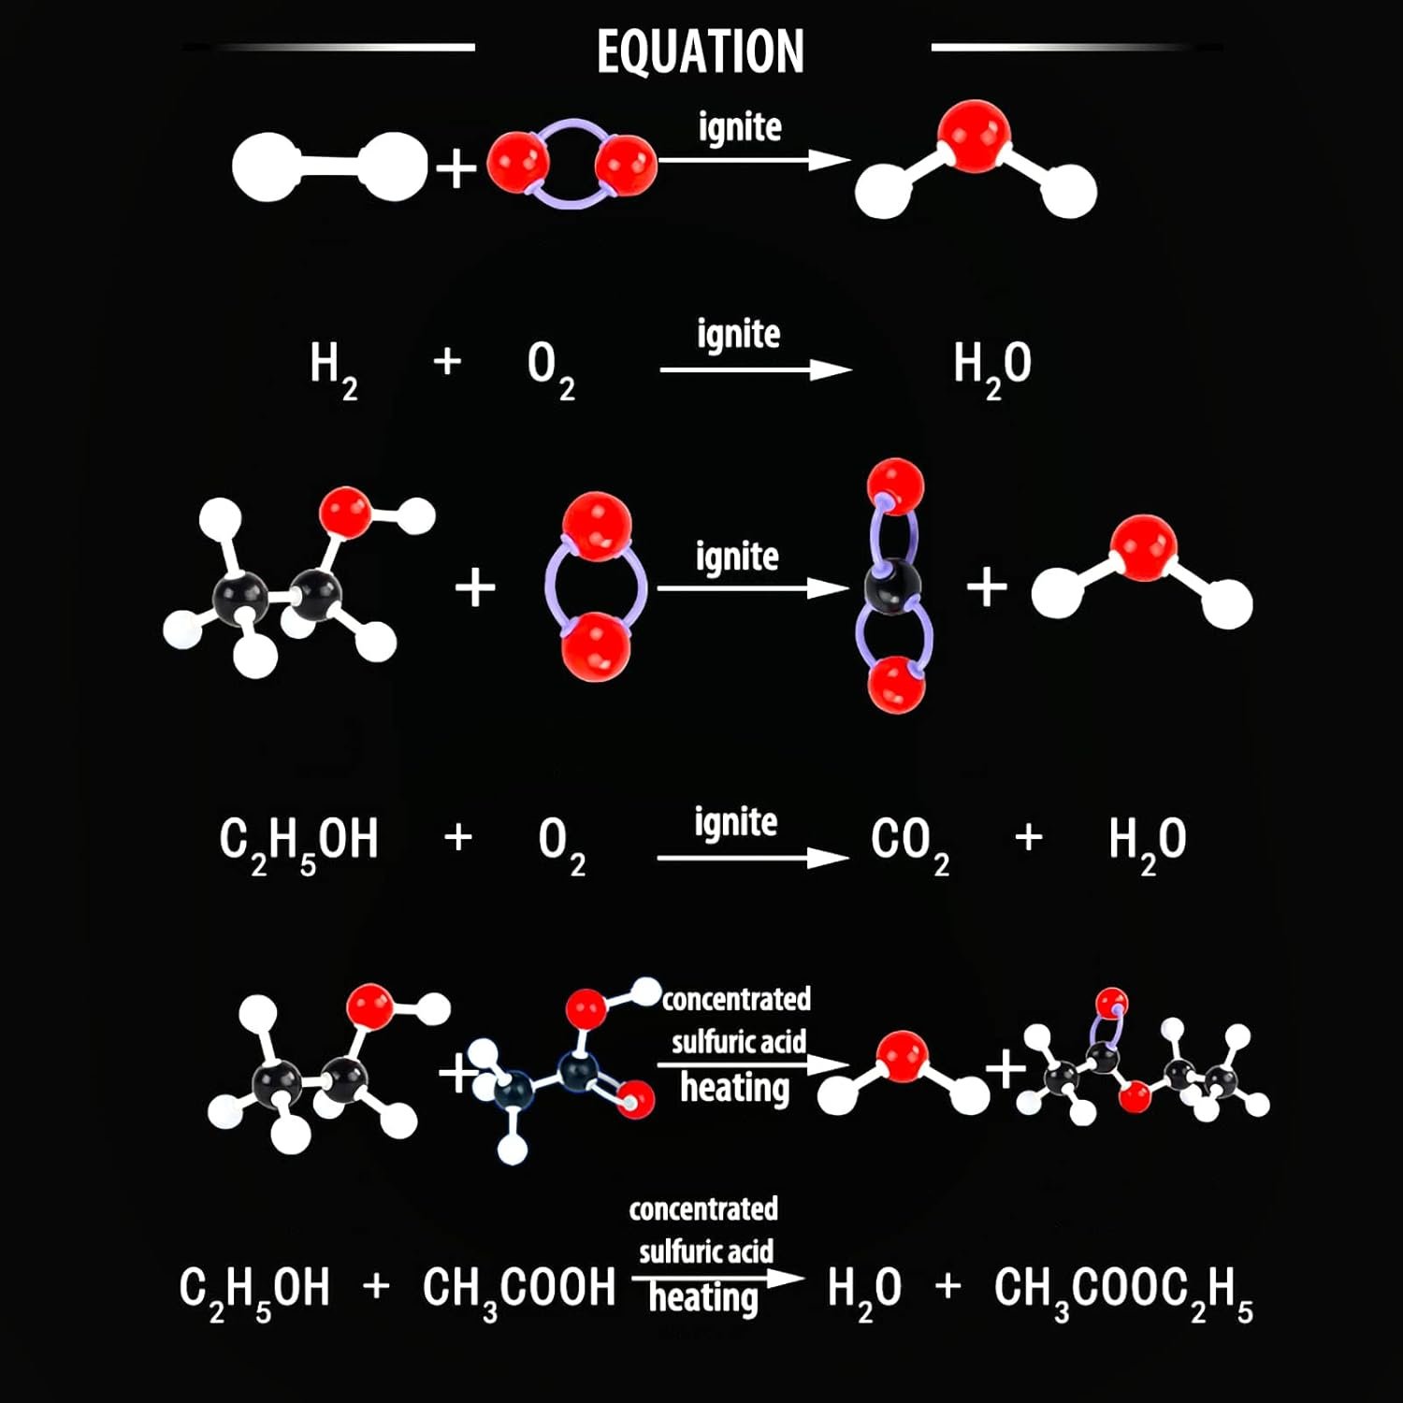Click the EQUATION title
click(x=701, y=51)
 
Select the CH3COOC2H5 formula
click(x=1123, y=1291)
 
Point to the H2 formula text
click(x=334, y=369)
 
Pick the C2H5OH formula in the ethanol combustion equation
click(x=298, y=844)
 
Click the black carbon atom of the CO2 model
click(x=893, y=586)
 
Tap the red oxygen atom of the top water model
click(x=974, y=136)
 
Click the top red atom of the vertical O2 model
click(x=597, y=527)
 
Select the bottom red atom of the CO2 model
click(x=896, y=685)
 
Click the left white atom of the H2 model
click(x=266, y=167)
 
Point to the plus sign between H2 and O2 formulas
click(x=448, y=360)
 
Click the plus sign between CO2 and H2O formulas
click(x=1029, y=836)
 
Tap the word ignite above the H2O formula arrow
click(x=738, y=335)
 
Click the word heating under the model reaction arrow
click(x=735, y=1088)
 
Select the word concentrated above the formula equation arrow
click(x=703, y=1209)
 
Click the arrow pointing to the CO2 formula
click(x=753, y=858)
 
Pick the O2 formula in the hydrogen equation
click(x=551, y=369)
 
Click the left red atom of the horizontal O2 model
click(x=517, y=162)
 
